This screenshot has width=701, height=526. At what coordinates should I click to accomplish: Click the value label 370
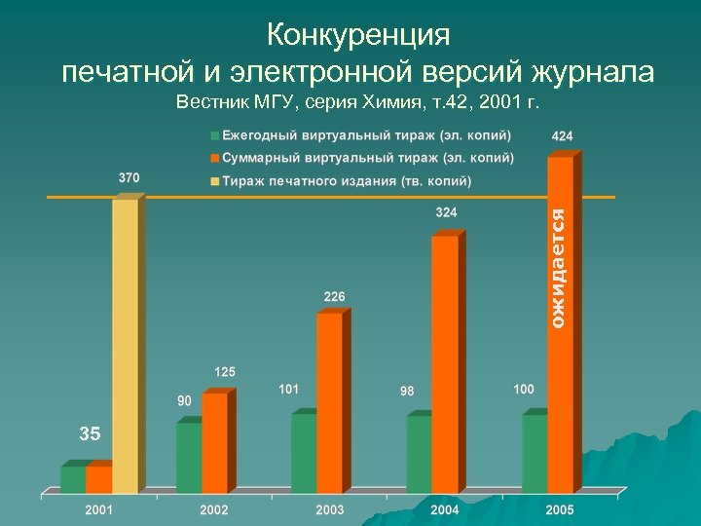(129, 178)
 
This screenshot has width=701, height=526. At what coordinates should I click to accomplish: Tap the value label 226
(333, 295)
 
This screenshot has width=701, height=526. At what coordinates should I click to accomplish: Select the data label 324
(447, 211)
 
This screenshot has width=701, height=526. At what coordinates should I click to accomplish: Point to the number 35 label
(90, 434)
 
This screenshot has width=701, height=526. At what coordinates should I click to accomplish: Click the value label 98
(407, 391)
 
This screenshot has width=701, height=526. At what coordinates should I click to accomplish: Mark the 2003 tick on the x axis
(329, 510)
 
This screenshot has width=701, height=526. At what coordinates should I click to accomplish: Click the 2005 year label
(559, 510)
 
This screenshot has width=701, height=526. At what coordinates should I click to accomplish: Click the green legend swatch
(213, 134)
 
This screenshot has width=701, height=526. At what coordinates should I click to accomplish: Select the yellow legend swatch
(213, 180)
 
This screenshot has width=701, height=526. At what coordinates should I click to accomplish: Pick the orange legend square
(213, 158)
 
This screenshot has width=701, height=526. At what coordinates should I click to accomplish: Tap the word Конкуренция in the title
(358, 35)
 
